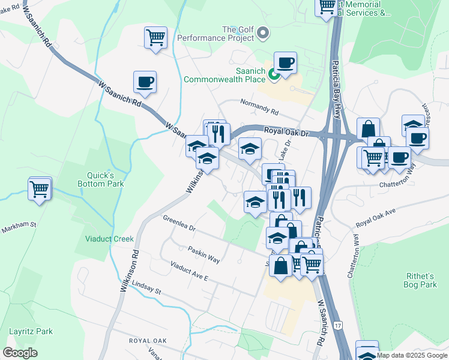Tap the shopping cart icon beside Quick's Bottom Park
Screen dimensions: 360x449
point(40,189)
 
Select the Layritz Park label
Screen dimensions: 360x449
point(31,331)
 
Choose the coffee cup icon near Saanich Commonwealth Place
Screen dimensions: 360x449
point(285,62)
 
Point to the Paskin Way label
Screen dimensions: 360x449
point(203,254)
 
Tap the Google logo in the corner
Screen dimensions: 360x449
point(20,352)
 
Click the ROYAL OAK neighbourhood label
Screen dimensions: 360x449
point(147,340)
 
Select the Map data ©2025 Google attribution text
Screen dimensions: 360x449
point(412,355)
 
